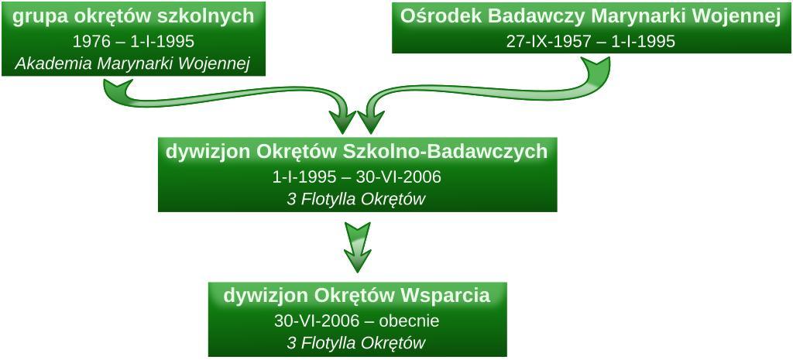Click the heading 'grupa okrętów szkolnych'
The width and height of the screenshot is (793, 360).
coord(134,16)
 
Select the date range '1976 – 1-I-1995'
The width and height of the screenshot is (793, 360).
coord(133,41)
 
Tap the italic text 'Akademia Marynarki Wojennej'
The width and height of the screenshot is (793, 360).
coord(133,63)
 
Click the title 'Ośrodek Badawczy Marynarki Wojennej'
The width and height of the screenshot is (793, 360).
coord(590,16)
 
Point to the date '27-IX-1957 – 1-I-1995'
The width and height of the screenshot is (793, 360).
coord(590,41)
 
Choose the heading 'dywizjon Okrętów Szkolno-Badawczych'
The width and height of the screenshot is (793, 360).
coord(356,151)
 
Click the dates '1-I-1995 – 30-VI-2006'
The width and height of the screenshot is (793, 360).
coord(356,177)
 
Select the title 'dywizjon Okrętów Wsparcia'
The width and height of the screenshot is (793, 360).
coord(356,295)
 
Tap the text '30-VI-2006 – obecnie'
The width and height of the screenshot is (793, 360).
coord(356,321)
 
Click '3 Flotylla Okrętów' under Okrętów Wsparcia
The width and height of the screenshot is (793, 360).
coord(356,343)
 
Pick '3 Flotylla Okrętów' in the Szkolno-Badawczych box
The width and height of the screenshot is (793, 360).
coord(356,199)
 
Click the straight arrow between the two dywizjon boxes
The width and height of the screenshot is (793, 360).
coord(357,246)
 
